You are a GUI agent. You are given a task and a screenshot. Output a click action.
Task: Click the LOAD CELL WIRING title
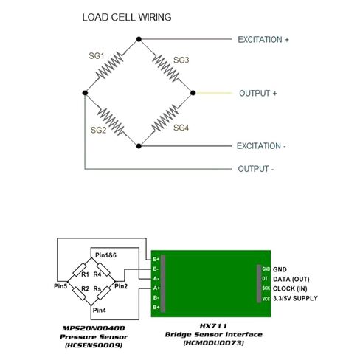(x=127, y=17)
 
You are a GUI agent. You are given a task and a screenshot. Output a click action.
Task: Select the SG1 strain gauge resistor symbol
(x=110, y=66)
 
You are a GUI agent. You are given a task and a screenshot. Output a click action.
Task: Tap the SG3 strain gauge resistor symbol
(x=166, y=68)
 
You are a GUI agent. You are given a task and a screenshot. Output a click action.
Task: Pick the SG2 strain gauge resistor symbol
(x=111, y=122)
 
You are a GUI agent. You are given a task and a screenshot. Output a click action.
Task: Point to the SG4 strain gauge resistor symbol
(x=165, y=119)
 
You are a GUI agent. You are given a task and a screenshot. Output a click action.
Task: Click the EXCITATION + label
(x=263, y=40)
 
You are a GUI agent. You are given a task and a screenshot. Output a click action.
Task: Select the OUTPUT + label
(x=258, y=94)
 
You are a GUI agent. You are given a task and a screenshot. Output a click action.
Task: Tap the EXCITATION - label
(x=261, y=146)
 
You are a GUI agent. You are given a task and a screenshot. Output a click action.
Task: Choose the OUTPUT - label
(x=256, y=169)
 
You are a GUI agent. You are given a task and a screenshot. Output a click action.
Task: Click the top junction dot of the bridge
(x=139, y=39)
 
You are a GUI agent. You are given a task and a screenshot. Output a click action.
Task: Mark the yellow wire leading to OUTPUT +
(x=214, y=93)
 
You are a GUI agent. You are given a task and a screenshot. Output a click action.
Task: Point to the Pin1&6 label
(x=105, y=255)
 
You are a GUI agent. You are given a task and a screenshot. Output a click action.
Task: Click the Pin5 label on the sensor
(x=60, y=286)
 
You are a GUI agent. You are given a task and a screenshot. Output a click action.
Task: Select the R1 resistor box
(x=80, y=270)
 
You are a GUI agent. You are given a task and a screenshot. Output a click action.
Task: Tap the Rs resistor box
(x=103, y=294)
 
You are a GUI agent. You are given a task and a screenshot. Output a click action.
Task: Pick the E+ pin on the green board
(x=156, y=259)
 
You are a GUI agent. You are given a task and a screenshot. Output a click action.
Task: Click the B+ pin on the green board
(x=156, y=307)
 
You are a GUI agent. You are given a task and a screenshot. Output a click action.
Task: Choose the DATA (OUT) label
(x=291, y=279)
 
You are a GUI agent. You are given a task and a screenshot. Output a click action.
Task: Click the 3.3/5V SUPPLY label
(x=295, y=298)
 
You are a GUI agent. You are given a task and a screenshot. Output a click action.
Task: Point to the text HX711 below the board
(x=213, y=326)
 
